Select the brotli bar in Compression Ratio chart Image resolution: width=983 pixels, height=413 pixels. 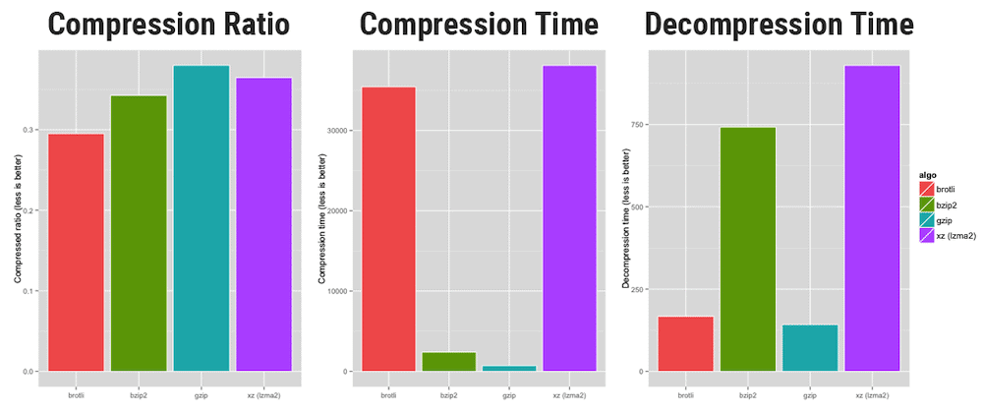(77, 252)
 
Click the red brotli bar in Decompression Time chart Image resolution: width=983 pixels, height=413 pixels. (685, 343)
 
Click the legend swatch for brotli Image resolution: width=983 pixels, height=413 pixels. (926, 188)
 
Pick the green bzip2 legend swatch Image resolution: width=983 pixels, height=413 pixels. (926, 204)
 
